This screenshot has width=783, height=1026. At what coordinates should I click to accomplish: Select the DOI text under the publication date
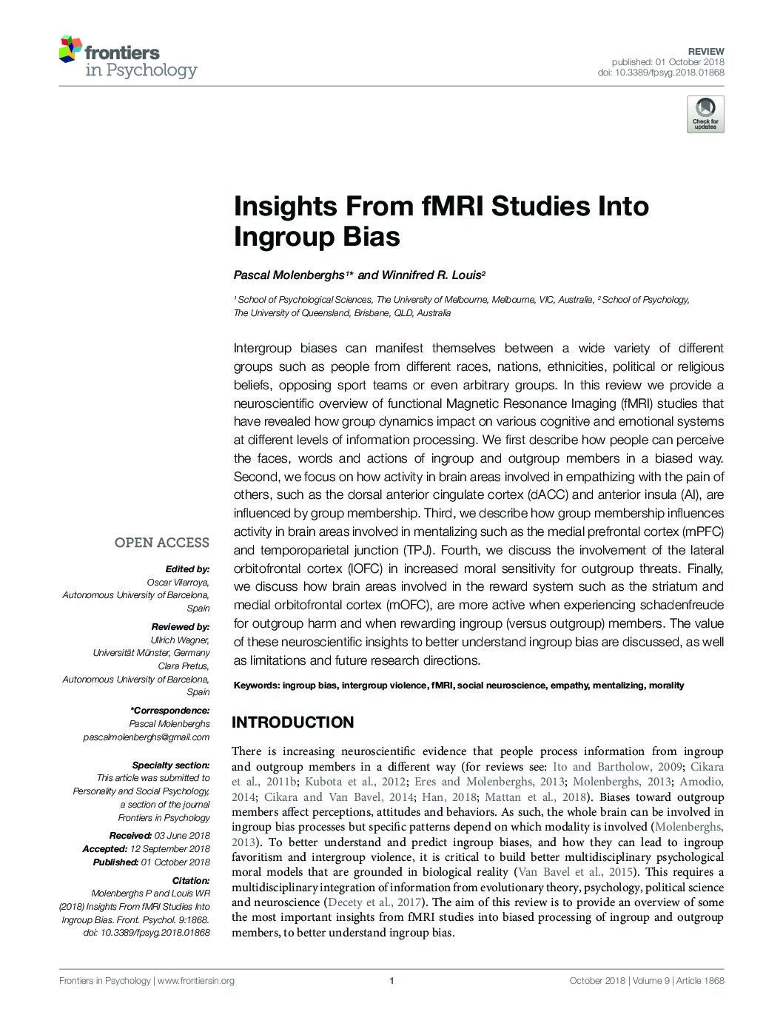pyautogui.click(x=660, y=73)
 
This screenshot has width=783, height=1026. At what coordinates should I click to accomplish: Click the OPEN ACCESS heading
pyautogui.click(x=161, y=543)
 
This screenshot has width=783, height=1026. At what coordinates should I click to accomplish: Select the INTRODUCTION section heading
pyautogui.click(x=293, y=722)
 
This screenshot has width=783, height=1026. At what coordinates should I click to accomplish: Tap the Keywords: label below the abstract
pyautogui.click(x=256, y=685)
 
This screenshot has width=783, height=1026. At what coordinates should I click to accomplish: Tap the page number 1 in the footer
pyautogui.click(x=391, y=981)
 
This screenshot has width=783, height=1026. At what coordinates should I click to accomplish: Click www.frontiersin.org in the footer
pyautogui.click(x=196, y=981)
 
